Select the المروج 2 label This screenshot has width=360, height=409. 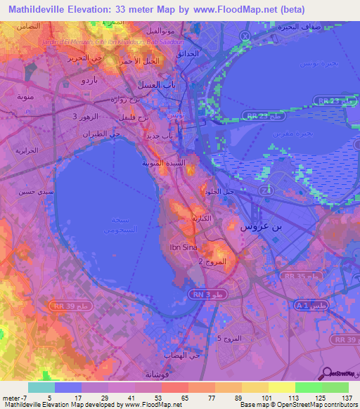(x=211, y=261)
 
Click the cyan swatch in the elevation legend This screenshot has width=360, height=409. (x=41, y=387)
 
